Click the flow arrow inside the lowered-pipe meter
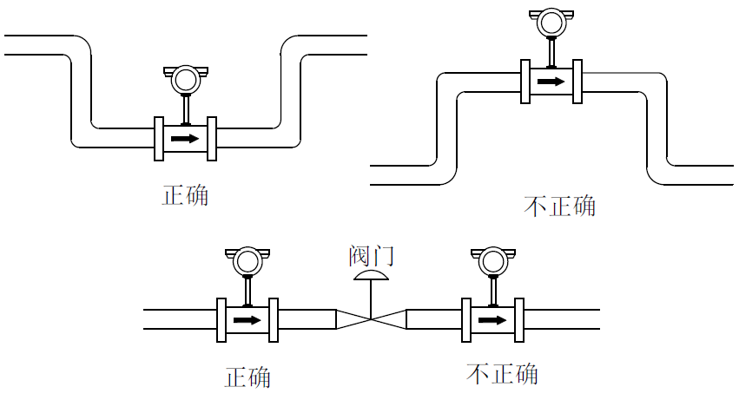(185, 139)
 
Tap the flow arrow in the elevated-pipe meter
(550, 82)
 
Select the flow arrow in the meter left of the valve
(247, 319)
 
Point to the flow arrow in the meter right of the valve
(493, 319)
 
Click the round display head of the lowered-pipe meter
(185, 80)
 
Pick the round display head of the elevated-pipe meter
(551, 23)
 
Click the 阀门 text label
(371, 255)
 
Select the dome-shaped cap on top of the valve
(371, 276)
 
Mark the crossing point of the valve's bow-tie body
(371, 319)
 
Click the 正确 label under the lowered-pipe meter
(186, 194)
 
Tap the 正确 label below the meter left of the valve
(248, 377)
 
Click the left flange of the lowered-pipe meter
(159, 139)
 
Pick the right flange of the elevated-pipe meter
(577, 82)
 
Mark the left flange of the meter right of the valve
(467, 319)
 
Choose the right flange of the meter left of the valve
(274, 319)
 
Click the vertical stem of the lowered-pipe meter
(185, 109)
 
